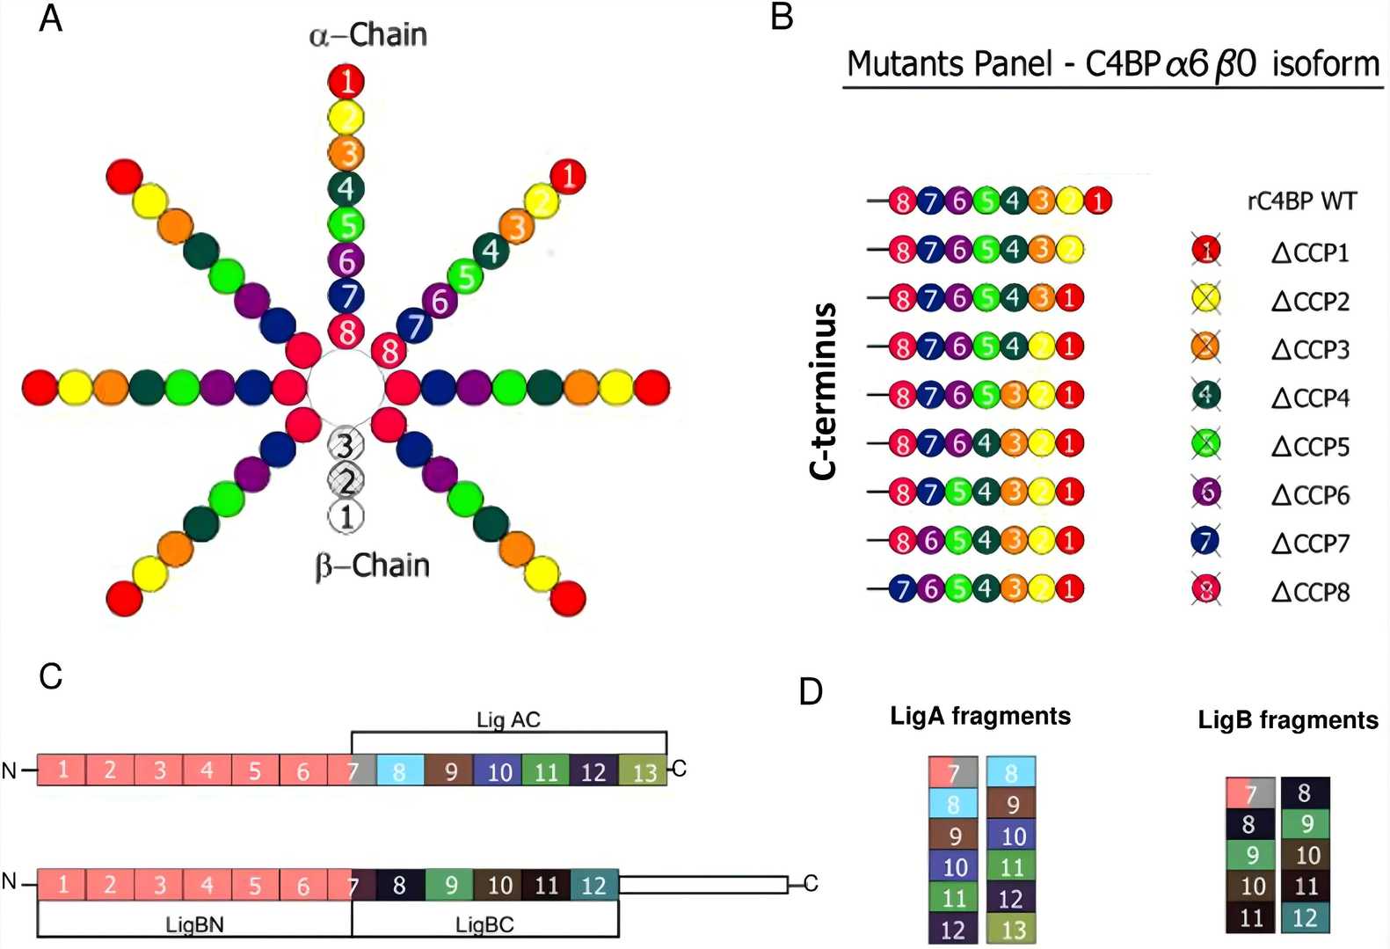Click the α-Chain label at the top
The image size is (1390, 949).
(x=368, y=35)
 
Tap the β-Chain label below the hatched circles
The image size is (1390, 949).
(x=372, y=566)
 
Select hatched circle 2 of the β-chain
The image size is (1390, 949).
(x=346, y=480)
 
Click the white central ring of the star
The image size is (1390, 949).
(x=346, y=386)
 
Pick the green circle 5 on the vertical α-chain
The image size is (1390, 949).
(x=347, y=224)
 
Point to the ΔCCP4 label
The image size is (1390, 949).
(x=1310, y=398)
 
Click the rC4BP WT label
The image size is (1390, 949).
(x=1301, y=201)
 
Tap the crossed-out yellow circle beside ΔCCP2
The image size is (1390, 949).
(x=1206, y=299)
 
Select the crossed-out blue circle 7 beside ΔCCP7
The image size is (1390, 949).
(x=1206, y=541)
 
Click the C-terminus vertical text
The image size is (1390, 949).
(x=823, y=391)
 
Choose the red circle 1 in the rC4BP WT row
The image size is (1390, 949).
(x=1097, y=201)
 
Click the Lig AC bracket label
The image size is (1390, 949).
(x=508, y=720)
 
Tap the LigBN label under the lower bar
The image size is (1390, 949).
(x=194, y=924)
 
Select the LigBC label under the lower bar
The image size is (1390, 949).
(x=484, y=924)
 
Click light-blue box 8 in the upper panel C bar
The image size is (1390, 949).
(x=400, y=771)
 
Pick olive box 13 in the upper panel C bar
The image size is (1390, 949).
(x=644, y=771)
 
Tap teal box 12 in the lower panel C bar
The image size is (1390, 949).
(x=594, y=885)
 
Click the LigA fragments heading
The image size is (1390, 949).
(x=980, y=716)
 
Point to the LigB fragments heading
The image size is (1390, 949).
(x=1288, y=720)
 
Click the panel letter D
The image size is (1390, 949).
(x=811, y=691)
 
